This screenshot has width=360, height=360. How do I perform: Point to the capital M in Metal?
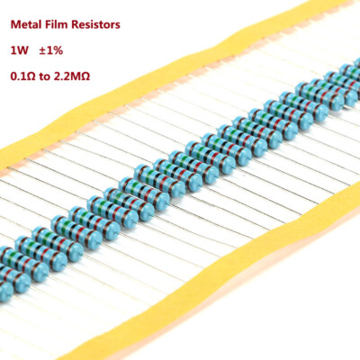(x=13, y=26)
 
